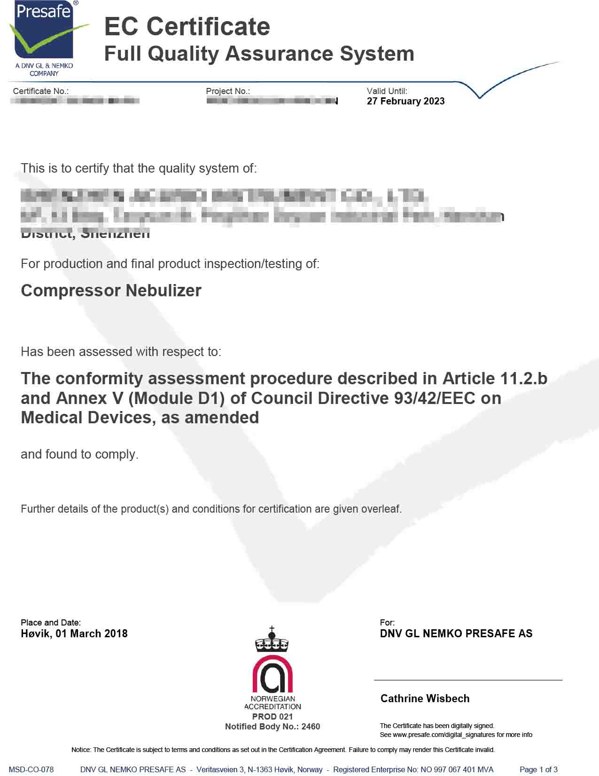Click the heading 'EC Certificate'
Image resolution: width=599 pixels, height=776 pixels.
(187, 27)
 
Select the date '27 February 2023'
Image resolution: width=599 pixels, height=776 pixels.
(405, 101)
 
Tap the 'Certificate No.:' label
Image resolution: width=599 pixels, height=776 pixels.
(41, 91)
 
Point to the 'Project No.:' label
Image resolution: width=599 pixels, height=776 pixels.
(228, 91)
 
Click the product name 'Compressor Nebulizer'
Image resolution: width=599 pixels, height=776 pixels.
(111, 291)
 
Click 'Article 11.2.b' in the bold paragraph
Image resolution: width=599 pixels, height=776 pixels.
(495, 379)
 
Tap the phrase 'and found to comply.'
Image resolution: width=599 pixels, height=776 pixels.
(79, 454)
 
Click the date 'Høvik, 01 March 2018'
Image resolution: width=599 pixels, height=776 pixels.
(74, 633)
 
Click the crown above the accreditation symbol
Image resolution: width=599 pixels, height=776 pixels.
(272, 640)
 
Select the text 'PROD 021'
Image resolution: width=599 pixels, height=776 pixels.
(272, 716)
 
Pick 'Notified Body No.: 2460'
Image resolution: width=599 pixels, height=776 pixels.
(272, 727)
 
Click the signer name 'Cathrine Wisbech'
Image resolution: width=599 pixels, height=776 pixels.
(425, 698)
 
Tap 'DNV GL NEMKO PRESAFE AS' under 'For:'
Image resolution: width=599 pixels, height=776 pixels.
(456, 633)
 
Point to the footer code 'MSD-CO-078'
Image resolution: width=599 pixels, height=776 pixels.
(31, 769)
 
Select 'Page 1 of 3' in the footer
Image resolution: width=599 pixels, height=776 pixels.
(538, 769)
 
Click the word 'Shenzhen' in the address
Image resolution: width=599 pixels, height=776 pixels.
(116, 234)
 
